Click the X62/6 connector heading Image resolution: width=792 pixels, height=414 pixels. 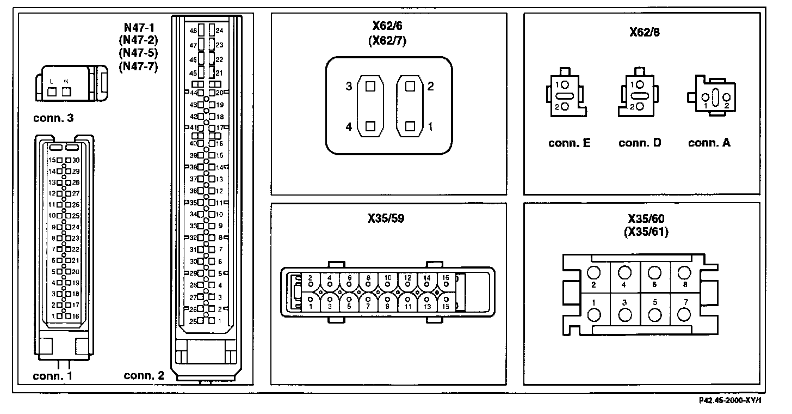pyautogui.click(x=389, y=26)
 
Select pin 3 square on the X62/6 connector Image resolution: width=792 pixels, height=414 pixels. pyautogui.click(x=370, y=86)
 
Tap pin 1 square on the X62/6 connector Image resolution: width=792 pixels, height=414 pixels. pyautogui.click(x=411, y=126)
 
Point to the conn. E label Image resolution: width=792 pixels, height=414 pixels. pyautogui.click(x=570, y=143)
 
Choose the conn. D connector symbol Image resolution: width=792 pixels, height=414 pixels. pyautogui.click(x=639, y=96)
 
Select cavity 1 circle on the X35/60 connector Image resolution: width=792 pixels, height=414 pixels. pyautogui.click(x=595, y=314)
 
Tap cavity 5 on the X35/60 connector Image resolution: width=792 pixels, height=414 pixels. pyautogui.click(x=655, y=314)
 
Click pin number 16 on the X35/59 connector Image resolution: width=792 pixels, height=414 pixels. pyautogui.click(x=446, y=277)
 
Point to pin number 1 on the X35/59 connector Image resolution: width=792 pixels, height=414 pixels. pyautogui.click(x=310, y=307)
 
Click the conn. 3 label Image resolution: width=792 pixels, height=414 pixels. pyautogui.click(x=53, y=118)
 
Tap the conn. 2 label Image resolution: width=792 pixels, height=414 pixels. pyautogui.click(x=144, y=375)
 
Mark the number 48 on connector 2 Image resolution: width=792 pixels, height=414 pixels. pyautogui.click(x=193, y=31)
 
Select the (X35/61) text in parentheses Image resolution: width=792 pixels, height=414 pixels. pyautogui.click(x=646, y=232)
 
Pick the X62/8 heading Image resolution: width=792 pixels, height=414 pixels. pyautogui.click(x=645, y=32)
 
